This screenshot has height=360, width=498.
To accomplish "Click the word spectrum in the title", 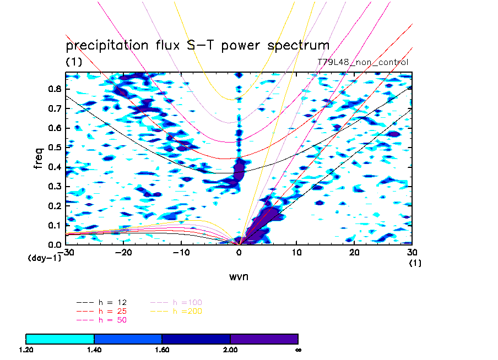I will [297, 45].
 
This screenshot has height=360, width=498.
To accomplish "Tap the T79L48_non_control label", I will [362, 62].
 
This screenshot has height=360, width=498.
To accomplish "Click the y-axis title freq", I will [39, 156].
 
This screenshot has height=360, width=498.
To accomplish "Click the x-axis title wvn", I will [239, 276].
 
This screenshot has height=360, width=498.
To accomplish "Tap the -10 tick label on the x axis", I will [181, 252].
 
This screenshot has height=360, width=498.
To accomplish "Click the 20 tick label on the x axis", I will [355, 252].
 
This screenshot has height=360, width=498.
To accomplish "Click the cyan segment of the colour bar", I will [60, 338].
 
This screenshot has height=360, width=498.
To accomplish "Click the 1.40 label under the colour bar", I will [94, 350].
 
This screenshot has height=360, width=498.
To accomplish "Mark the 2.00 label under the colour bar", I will [230, 350].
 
